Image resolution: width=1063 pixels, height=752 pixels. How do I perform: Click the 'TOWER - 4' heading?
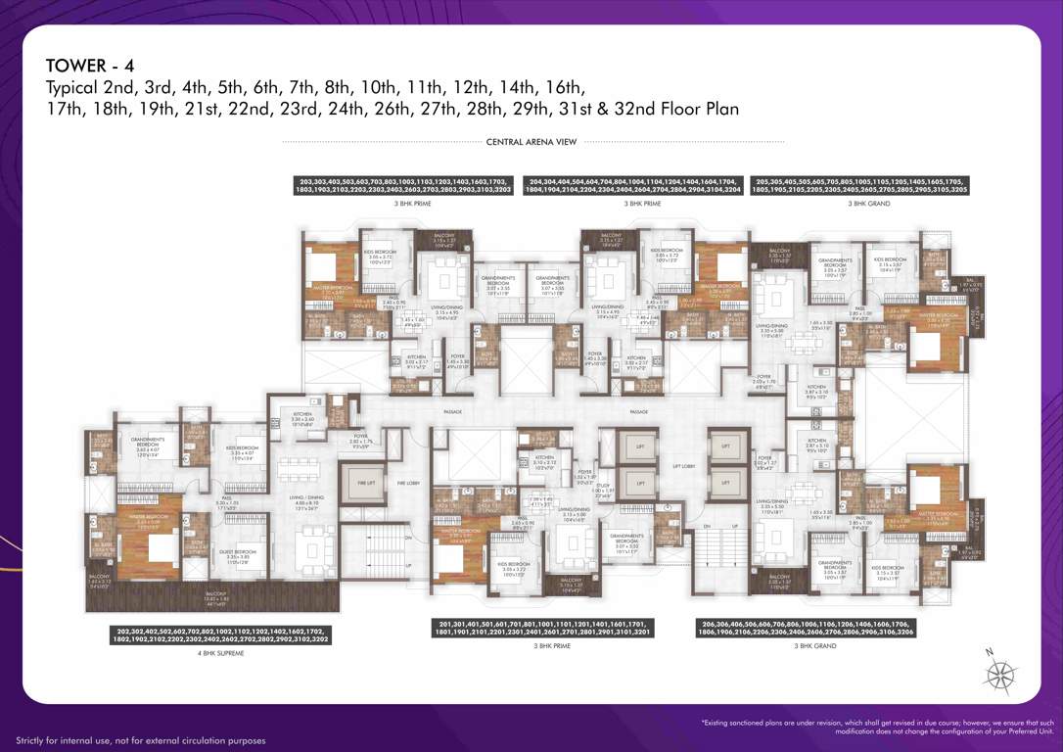click(90, 66)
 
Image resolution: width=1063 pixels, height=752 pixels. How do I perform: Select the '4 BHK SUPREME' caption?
click(222, 652)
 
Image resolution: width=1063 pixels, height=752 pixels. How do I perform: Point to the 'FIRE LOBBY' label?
click(408, 483)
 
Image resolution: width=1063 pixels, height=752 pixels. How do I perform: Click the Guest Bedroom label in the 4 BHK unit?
click(239, 554)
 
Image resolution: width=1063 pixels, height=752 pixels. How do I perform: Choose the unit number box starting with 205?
click(861, 186)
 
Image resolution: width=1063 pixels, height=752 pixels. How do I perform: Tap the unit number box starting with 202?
click(222, 635)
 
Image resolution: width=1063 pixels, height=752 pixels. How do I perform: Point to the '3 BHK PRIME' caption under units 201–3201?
click(552, 646)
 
